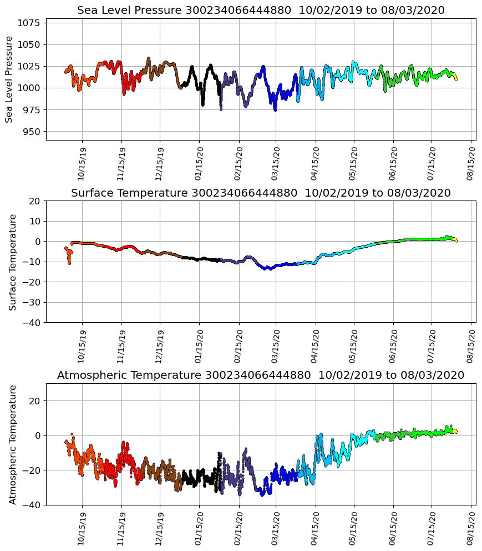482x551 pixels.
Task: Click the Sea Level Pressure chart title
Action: click(x=261, y=11)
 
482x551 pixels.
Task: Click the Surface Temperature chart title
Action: click(x=261, y=193)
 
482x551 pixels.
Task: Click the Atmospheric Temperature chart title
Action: click(x=261, y=375)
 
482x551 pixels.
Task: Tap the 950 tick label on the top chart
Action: click(x=31, y=132)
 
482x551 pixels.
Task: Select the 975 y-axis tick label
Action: click(x=31, y=110)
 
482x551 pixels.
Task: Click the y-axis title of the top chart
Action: click(x=9, y=79)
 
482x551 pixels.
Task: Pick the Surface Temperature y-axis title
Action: click(x=13, y=262)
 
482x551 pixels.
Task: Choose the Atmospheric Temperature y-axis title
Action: click(x=13, y=444)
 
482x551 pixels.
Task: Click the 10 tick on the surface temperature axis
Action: click(x=35, y=221)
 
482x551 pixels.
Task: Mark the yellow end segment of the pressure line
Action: click(x=455, y=78)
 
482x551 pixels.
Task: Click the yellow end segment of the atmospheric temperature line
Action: click(x=455, y=430)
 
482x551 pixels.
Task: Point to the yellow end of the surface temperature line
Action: click(x=455, y=240)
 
